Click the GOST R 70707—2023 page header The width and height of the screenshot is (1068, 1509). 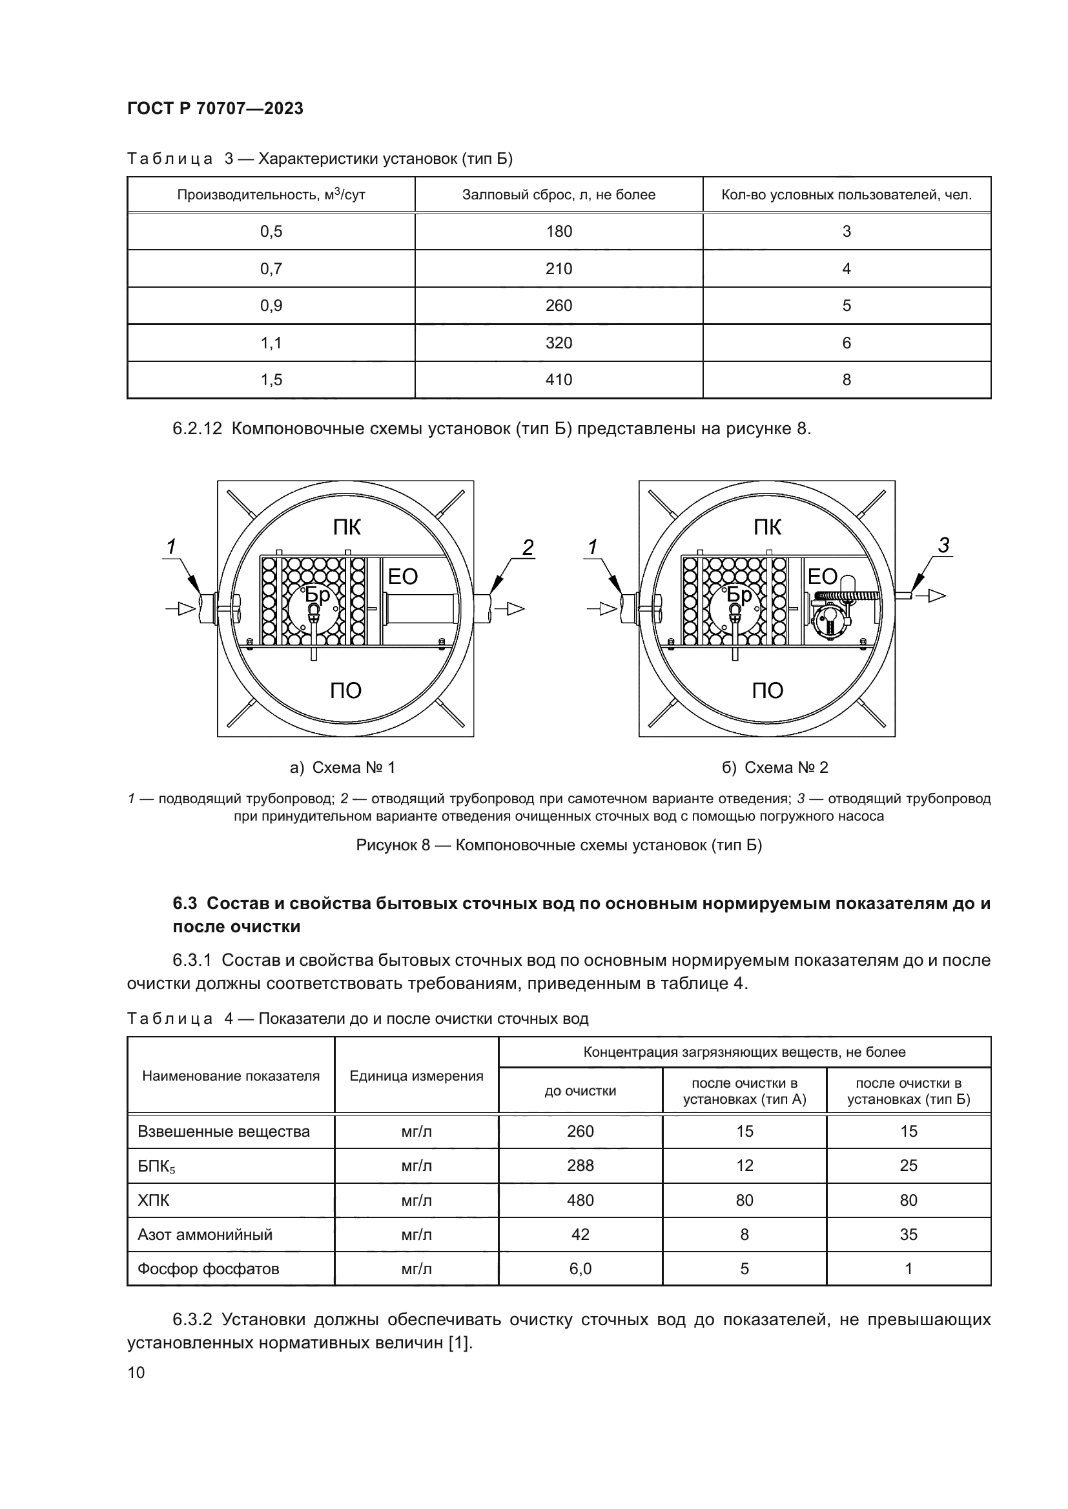click(x=215, y=108)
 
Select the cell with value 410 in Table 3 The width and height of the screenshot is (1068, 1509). click(x=559, y=380)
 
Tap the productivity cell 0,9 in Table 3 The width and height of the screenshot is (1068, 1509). click(x=271, y=306)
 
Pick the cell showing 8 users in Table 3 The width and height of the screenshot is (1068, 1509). click(x=847, y=380)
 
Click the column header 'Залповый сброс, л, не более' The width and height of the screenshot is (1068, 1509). click(x=559, y=195)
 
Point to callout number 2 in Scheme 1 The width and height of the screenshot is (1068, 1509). click(x=528, y=547)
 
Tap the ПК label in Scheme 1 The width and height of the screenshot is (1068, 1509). click(x=346, y=527)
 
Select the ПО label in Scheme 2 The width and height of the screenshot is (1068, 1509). click(x=768, y=690)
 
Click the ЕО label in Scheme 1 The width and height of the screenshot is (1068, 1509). click(x=402, y=576)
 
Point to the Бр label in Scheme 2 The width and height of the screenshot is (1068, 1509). click(x=739, y=595)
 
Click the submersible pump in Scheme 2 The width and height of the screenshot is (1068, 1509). click(x=830, y=619)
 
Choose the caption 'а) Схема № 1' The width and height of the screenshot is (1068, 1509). click(x=342, y=768)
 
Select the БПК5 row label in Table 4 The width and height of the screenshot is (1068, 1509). click(x=156, y=1166)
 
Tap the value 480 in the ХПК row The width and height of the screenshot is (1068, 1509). click(x=580, y=1200)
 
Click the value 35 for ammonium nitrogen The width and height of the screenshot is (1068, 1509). click(x=909, y=1234)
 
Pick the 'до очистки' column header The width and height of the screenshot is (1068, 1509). click(x=580, y=1091)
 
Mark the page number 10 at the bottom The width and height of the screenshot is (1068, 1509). click(x=136, y=1372)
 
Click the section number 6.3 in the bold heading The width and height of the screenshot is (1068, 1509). click(x=185, y=903)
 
